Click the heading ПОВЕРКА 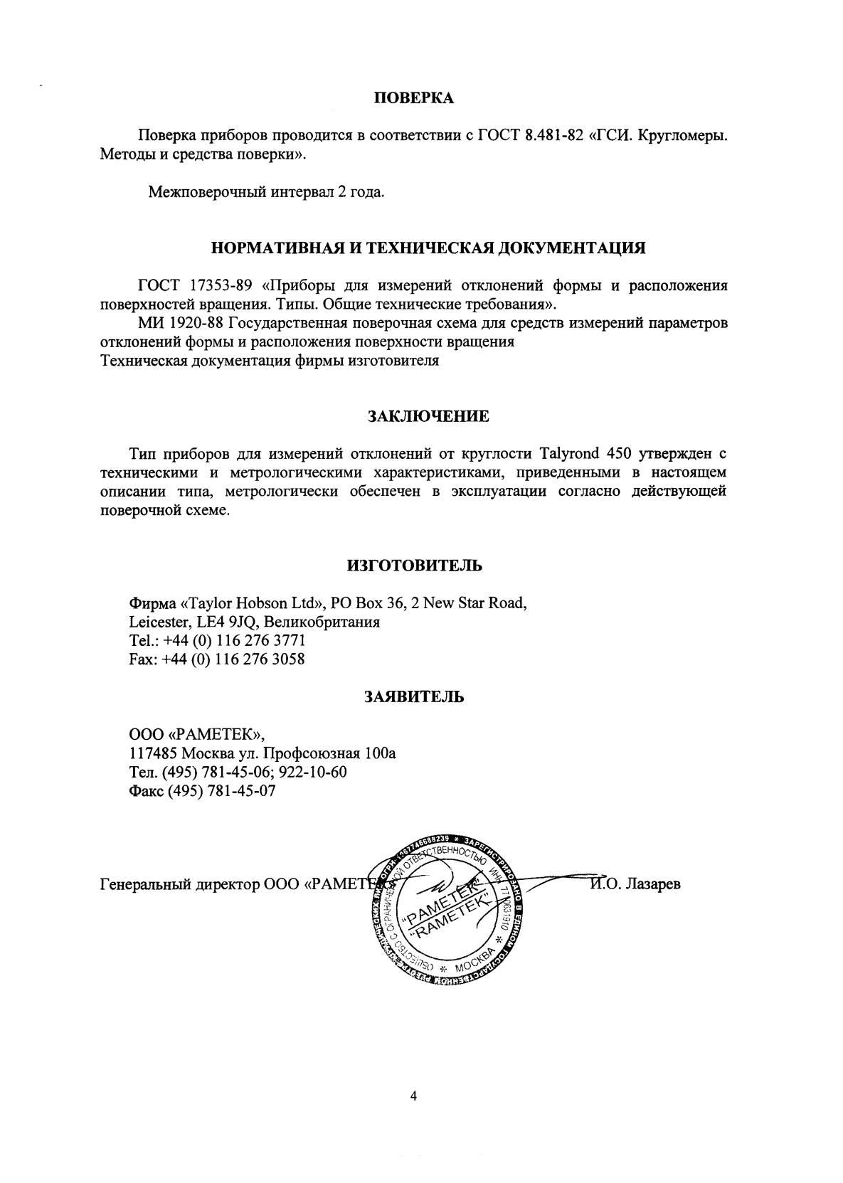click(x=413, y=99)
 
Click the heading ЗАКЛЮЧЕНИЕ click(x=428, y=416)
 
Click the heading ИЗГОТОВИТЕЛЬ click(x=414, y=566)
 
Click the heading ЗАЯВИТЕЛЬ click(x=414, y=696)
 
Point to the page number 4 click(x=413, y=1096)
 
